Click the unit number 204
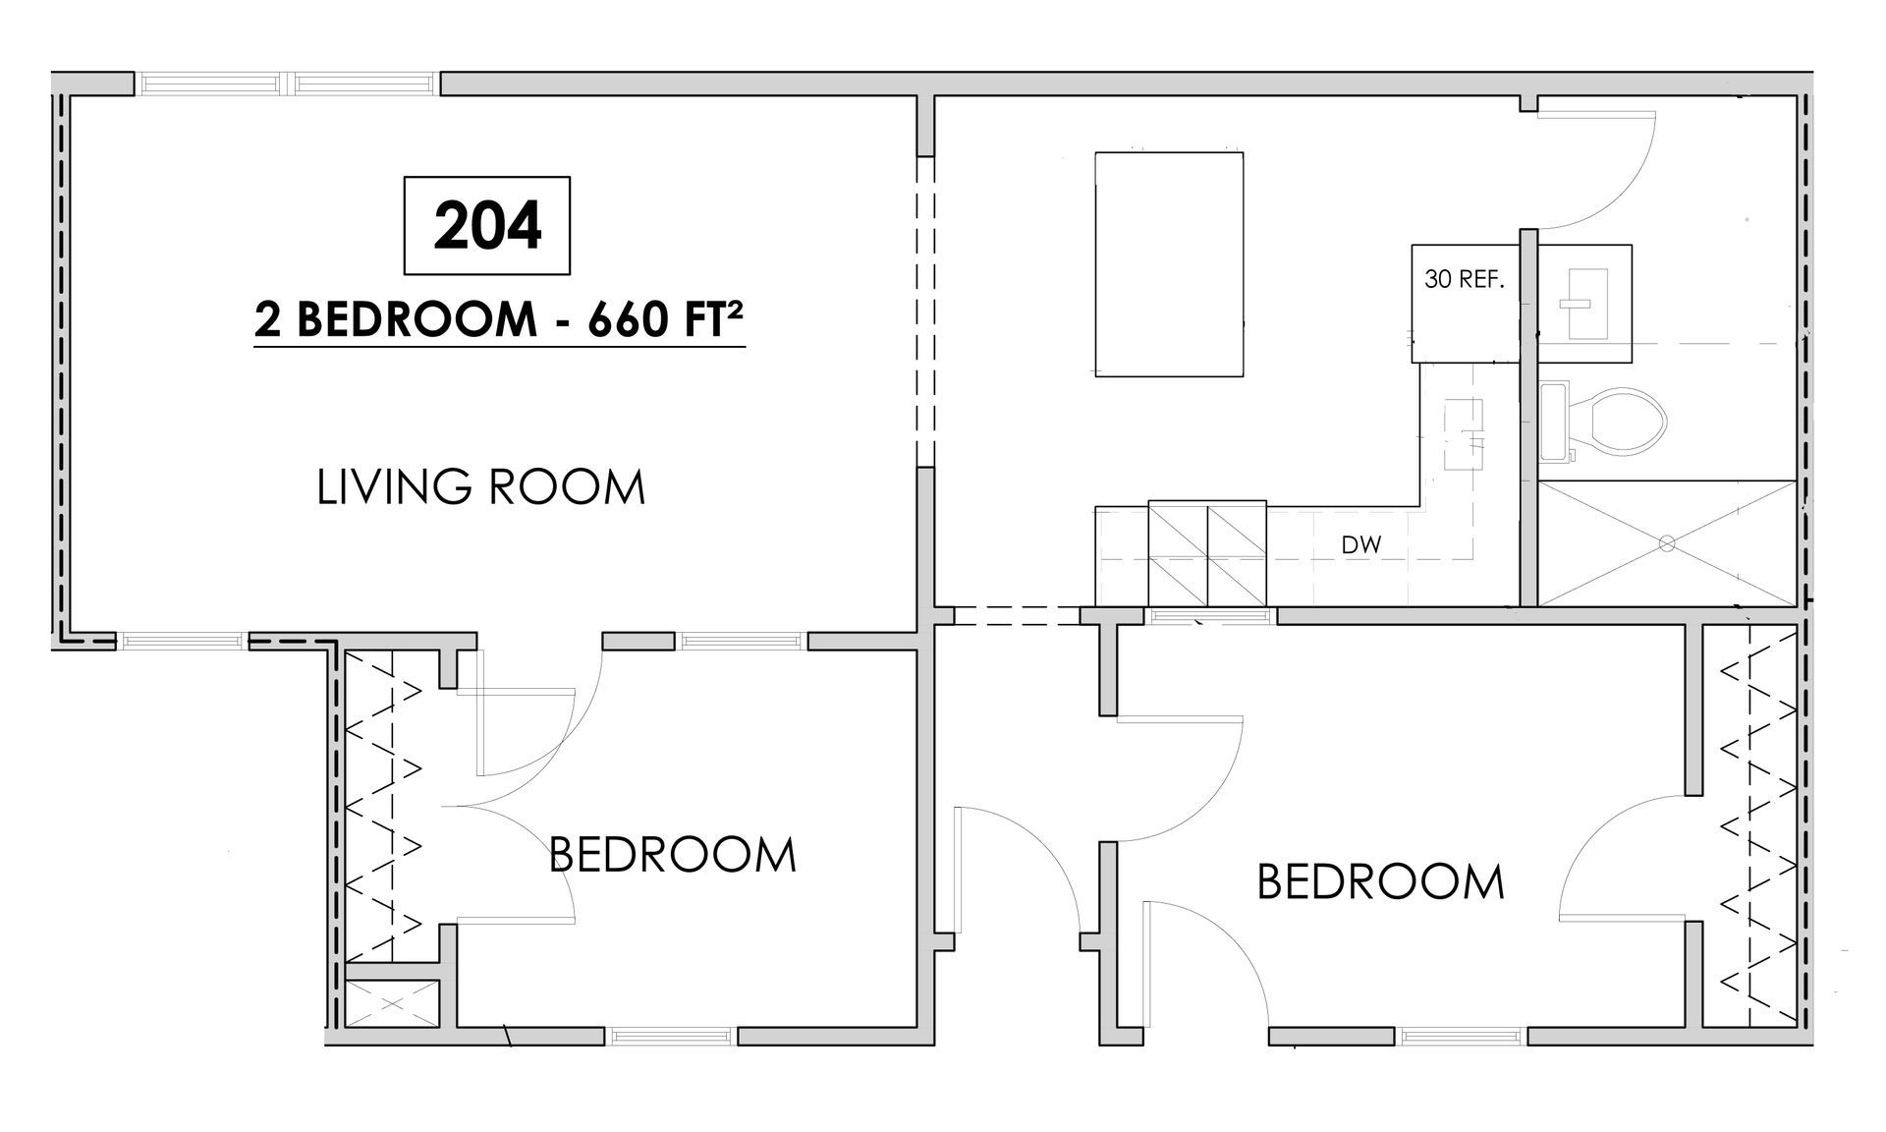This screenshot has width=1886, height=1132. [x=487, y=226]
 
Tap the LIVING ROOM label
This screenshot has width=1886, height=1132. [x=481, y=487]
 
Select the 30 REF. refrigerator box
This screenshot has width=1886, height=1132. [x=1466, y=304]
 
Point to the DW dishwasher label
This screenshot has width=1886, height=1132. [x=1361, y=544]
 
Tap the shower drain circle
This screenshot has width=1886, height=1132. [x=1666, y=542]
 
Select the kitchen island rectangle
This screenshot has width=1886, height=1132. [x=1170, y=264]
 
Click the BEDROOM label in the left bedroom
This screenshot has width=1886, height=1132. [x=673, y=854]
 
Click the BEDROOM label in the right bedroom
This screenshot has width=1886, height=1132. [x=1381, y=881]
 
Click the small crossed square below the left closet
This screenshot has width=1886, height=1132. [x=392, y=1003]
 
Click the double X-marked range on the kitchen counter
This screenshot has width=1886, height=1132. [x=1207, y=553]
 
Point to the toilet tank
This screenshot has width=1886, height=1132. [x=1553, y=423]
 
